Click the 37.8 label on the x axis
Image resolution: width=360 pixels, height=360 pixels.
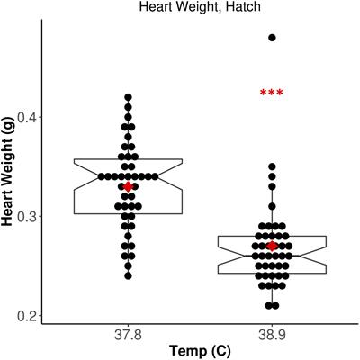tap(128, 333)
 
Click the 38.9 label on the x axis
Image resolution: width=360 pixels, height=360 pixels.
tap(272, 333)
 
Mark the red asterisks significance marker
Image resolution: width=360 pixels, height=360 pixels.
tap(271, 94)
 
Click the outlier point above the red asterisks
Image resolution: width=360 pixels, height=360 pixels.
tap(272, 38)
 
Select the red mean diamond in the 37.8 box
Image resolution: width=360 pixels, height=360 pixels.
tap(128, 186)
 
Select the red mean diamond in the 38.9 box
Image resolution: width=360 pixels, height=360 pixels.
tap(272, 246)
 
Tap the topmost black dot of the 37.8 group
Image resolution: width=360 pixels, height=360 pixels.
tap(128, 97)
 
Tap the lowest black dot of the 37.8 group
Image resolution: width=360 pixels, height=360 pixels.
tap(128, 275)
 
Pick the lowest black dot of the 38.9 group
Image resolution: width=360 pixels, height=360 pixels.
tap(272, 305)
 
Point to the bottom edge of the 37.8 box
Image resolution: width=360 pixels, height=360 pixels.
tap(128, 213)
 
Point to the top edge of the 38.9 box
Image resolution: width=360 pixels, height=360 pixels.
tap(272, 236)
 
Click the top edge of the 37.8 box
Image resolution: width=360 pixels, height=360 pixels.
tap(128, 159)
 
